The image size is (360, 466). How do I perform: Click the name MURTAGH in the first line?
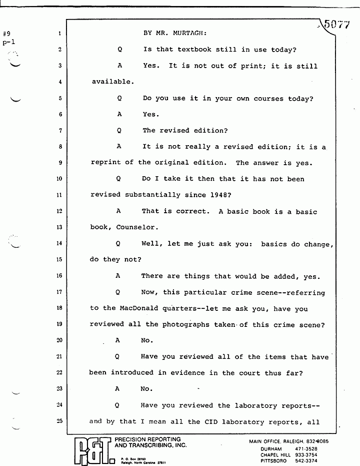click(190, 34)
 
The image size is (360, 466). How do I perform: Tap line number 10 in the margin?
click(59, 179)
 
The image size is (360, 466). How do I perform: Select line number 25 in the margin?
click(59, 421)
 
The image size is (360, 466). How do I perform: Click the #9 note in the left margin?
click(6, 34)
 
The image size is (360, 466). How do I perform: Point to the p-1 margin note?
click(8, 43)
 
